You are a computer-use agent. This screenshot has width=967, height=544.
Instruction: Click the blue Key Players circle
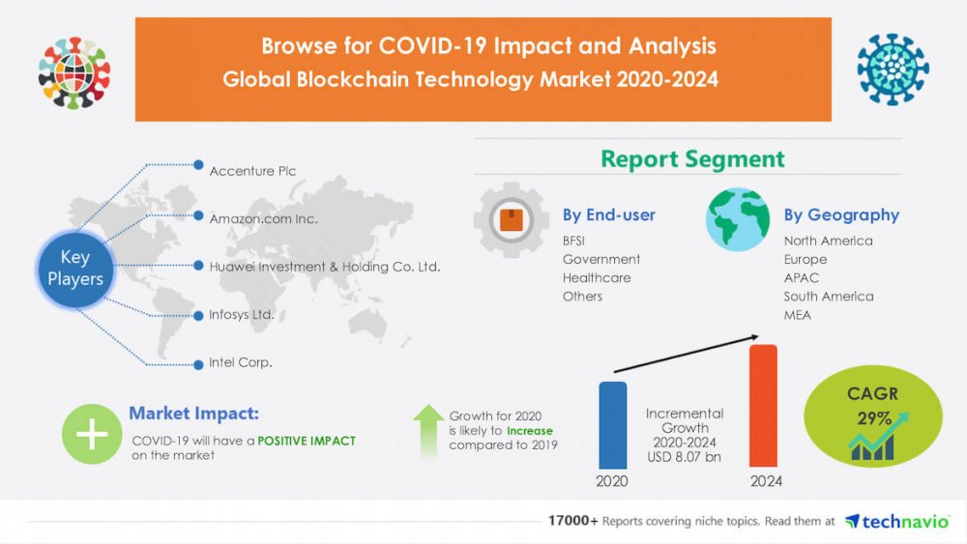click(x=75, y=269)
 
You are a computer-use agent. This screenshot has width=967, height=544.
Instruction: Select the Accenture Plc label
click(x=252, y=171)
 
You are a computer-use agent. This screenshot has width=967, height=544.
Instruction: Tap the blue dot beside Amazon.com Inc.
click(x=198, y=215)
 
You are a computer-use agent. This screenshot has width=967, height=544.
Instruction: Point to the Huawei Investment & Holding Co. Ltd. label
click(x=324, y=266)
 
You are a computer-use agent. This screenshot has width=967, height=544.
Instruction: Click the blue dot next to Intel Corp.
click(x=198, y=364)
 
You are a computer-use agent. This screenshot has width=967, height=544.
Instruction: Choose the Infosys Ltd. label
click(x=241, y=314)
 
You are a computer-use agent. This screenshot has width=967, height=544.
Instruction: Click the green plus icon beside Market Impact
click(x=91, y=434)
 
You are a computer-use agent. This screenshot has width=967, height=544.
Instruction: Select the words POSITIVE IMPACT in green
click(x=306, y=441)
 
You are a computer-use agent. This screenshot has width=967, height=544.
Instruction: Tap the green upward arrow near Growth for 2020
click(x=428, y=432)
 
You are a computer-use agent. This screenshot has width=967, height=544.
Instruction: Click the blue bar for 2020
click(x=612, y=425)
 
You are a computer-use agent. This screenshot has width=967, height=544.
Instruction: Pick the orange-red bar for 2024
click(x=763, y=406)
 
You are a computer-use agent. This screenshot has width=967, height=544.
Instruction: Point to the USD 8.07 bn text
click(x=684, y=456)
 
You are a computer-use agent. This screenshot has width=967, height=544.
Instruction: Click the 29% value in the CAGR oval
click(x=874, y=418)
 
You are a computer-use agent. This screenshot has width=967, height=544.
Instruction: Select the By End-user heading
click(x=608, y=215)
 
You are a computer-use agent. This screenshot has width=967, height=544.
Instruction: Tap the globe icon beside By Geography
click(x=738, y=219)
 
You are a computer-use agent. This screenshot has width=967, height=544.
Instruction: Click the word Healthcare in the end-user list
click(x=597, y=278)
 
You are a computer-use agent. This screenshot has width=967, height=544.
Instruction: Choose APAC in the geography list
click(x=801, y=278)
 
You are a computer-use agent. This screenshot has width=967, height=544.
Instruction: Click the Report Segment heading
click(x=692, y=159)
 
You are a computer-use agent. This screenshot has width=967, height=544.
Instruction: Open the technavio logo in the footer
click(x=896, y=522)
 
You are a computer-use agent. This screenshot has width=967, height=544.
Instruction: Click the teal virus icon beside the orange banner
click(x=893, y=69)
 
